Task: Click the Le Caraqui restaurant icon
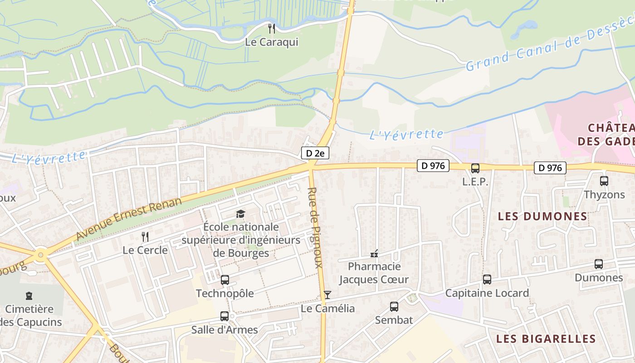272,29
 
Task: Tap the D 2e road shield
315,153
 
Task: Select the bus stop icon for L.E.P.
475,168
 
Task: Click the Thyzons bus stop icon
604,181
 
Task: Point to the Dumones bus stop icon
599,264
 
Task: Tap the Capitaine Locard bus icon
487,280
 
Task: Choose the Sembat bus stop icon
394,307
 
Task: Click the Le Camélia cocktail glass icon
327,295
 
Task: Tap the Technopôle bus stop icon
225,280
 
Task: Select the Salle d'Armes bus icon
225,316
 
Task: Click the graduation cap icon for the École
240,214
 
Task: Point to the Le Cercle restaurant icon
145,236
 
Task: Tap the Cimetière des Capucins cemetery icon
29,296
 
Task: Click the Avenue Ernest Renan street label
129,219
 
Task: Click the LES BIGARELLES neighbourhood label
546,338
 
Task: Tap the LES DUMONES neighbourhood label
542,216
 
